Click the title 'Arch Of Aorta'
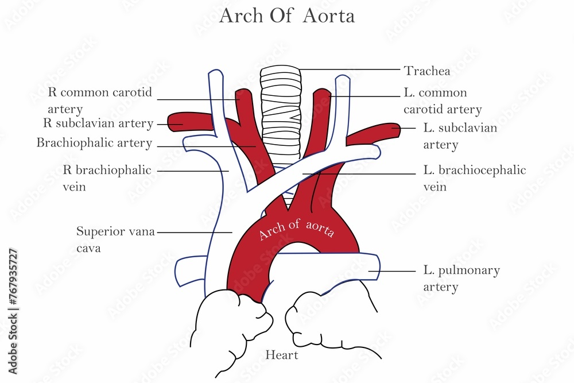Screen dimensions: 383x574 (287, 17)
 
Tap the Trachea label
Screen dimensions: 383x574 (426, 71)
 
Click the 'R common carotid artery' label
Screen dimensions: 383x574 (98, 100)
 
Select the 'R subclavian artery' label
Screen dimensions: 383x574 (98, 123)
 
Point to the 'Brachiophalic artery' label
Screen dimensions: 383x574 (94, 143)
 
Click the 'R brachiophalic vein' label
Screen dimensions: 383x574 (107, 178)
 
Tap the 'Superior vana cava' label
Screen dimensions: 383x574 (115, 239)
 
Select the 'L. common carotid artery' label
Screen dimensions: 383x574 (442, 100)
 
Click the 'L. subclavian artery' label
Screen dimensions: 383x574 (460, 136)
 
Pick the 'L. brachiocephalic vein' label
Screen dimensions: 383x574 (474, 178)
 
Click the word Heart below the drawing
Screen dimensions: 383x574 (281, 355)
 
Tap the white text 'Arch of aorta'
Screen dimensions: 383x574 (296, 229)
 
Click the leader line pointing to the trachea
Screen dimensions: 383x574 (350, 69)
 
